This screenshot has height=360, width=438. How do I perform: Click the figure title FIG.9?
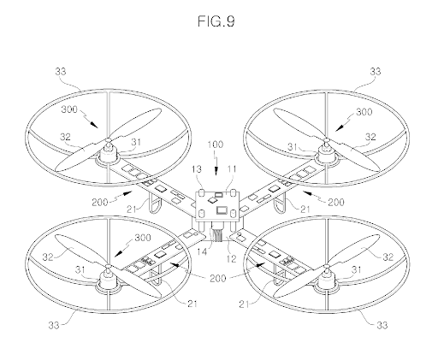tap(216, 21)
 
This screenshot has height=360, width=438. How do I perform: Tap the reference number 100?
tap(216, 145)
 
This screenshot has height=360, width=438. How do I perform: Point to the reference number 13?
tap(197, 169)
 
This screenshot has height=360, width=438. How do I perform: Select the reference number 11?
tap(233, 169)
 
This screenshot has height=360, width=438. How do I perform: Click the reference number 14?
tap(202, 251)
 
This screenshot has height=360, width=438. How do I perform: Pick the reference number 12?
tap(232, 258)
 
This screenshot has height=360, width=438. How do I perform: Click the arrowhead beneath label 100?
tap(216, 172)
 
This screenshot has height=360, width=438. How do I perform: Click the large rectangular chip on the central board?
tap(222, 210)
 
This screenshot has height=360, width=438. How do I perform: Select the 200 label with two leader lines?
tap(217, 278)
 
